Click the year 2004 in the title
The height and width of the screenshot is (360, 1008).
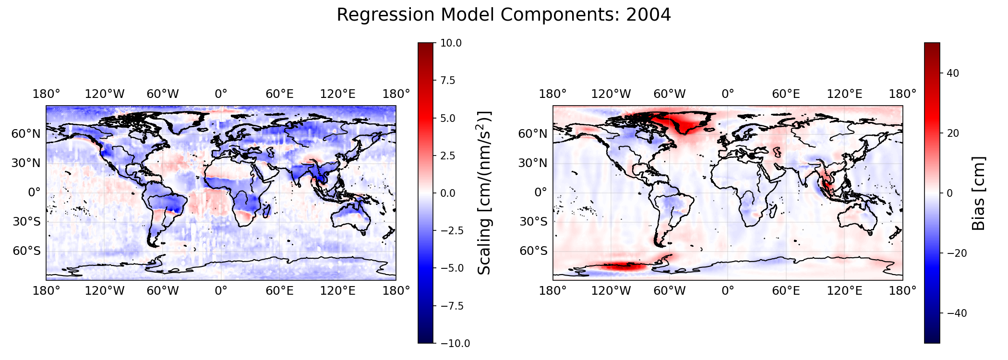click(x=648, y=15)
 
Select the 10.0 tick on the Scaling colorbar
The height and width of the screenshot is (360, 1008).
click(x=451, y=43)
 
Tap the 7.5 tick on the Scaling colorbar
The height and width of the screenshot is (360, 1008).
click(x=448, y=81)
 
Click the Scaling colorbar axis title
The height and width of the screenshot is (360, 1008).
click(x=485, y=193)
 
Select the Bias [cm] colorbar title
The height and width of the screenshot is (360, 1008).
click(x=978, y=193)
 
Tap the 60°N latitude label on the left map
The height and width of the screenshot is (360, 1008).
click(x=26, y=134)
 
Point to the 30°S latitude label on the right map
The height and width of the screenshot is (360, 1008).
click(x=533, y=222)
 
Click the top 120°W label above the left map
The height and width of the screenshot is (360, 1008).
click(x=105, y=94)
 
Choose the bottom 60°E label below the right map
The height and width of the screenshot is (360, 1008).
click(x=786, y=291)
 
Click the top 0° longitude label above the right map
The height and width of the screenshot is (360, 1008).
click(x=728, y=94)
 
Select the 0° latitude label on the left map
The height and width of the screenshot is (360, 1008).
click(x=35, y=193)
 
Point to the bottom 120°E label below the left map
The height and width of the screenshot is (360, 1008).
click(x=338, y=291)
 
